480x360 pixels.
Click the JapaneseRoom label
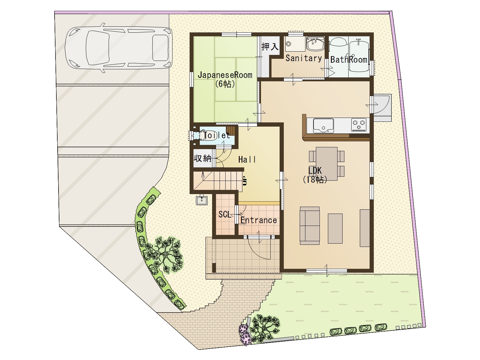[x=225, y=75]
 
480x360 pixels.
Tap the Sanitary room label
[x=304, y=58]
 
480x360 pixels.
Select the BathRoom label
[x=349, y=59]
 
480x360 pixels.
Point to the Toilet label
[x=217, y=135]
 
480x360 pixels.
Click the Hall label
[x=247, y=160]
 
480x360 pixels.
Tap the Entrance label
[x=259, y=220]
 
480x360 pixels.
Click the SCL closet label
[x=225, y=214]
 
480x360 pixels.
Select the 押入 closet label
[x=270, y=46]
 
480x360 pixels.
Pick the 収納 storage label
[x=202, y=158]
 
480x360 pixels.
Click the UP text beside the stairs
[x=245, y=181]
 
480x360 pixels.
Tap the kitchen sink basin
[x=323, y=125]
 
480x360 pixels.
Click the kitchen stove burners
[x=359, y=125]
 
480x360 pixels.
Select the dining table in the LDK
[x=326, y=164]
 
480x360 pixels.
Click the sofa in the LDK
[x=309, y=226]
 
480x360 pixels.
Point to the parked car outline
[x=119, y=48]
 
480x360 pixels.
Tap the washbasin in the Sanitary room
[x=315, y=45]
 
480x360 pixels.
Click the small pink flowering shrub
[x=245, y=334]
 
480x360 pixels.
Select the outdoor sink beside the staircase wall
[x=201, y=200]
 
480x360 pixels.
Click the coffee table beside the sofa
[x=335, y=228]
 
